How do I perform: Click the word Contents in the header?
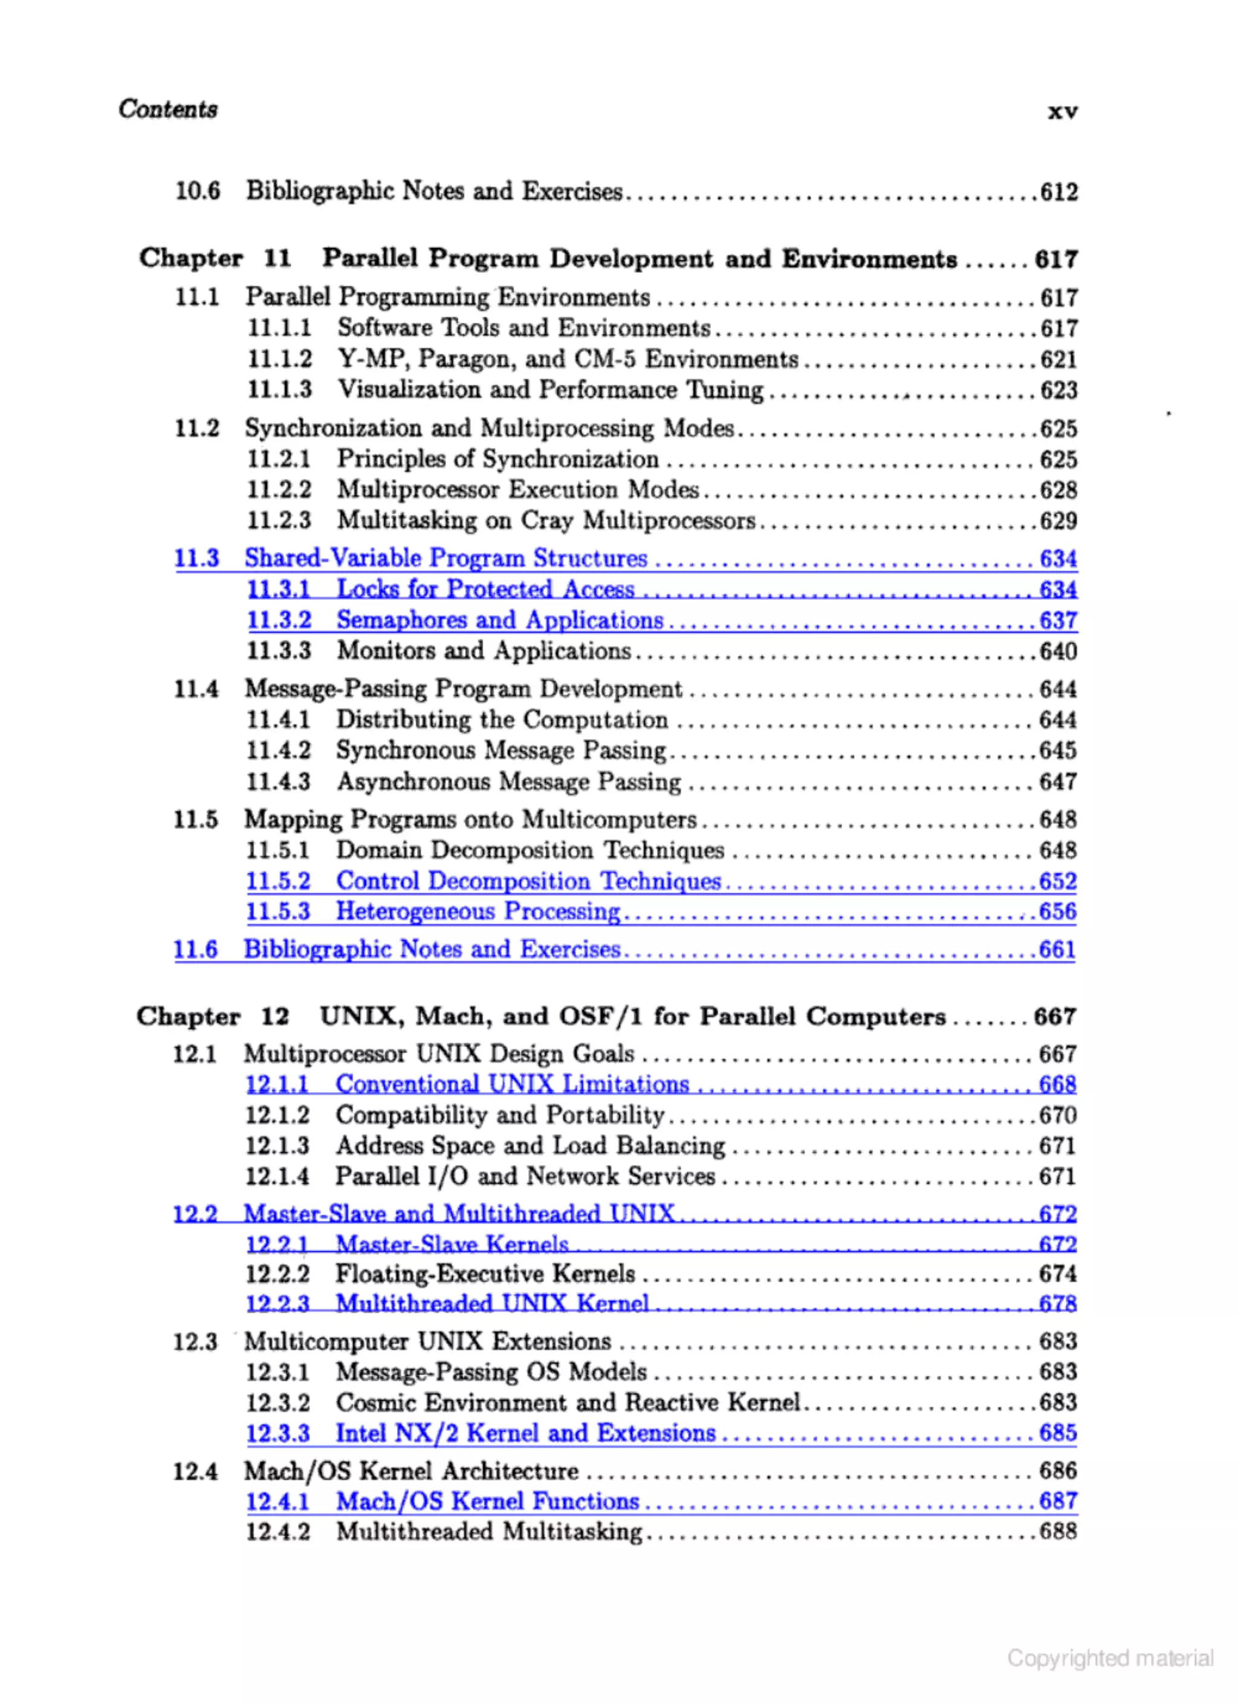(x=167, y=109)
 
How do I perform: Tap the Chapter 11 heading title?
(x=639, y=259)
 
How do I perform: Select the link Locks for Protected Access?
(x=485, y=590)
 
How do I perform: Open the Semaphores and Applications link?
(x=500, y=620)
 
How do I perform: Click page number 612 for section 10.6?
(x=1058, y=192)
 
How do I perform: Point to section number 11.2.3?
(x=279, y=520)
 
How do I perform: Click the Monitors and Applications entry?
(x=484, y=651)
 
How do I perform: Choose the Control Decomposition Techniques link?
(x=528, y=881)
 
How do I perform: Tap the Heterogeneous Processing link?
(x=478, y=911)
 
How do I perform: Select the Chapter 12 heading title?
(x=632, y=1017)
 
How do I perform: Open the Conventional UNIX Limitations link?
(x=512, y=1084)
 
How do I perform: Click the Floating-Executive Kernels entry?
(x=485, y=1274)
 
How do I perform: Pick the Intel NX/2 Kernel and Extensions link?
(x=525, y=1433)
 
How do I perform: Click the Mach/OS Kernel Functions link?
(x=487, y=1501)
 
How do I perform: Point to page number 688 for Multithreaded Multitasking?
(x=1058, y=1531)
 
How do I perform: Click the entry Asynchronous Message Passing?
(x=508, y=782)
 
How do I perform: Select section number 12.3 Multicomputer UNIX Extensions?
(x=195, y=1342)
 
